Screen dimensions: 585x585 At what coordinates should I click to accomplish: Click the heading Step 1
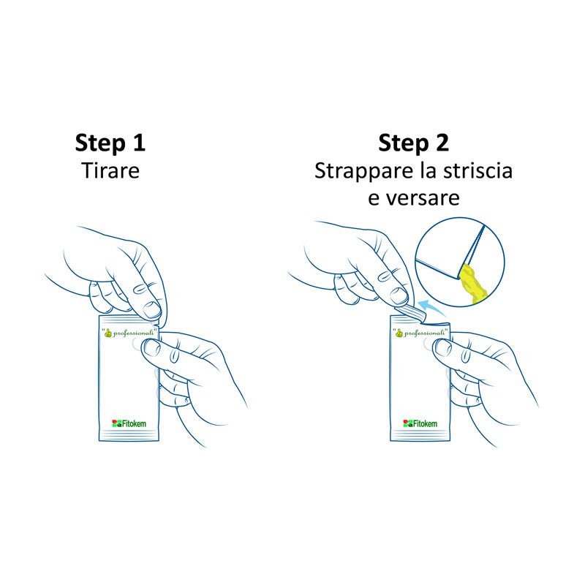click(x=110, y=143)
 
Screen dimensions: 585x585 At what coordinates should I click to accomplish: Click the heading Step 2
click(x=413, y=143)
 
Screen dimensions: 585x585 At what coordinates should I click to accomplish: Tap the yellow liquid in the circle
click(x=473, y=285)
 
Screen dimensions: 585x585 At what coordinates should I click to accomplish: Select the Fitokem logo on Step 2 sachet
click(x=420, y=423)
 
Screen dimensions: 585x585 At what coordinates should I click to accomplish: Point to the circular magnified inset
click(x=459, y=260)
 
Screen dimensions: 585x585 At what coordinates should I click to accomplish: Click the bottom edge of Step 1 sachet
click(x=129, y=439)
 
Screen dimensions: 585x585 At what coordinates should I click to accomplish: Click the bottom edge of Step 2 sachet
click(x=419, y=439)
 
